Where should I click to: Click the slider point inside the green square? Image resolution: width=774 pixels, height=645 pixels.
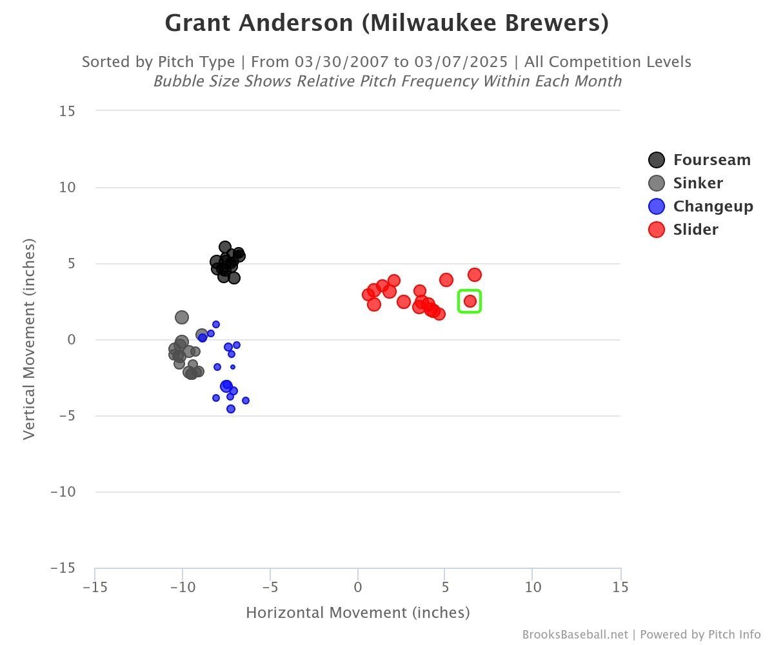pyautogui.click(x=470, y=301)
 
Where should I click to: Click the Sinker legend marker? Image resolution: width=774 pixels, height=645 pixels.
pyautogui.click(x=657, y=183)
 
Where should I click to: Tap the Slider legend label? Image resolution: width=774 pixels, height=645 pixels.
pyautogui.click(x=695, y=230)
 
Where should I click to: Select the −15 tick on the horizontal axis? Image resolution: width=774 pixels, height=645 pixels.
pyautogui.click(x=95, y=587)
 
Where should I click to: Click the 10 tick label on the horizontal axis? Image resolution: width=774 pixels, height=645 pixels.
pyautogui.click(x=533, y=587)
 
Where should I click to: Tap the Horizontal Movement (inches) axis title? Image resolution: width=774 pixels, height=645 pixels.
pyautogui.click(x=358, y=612)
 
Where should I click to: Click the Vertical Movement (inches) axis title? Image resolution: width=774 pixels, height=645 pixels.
pyautogui.click(x=29, y=339)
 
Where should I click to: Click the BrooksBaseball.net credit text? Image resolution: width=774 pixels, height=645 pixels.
pyautogui.click(x=575, y=634)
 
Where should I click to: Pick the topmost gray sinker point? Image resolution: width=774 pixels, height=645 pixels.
pyautogui.click(x=182, y=317)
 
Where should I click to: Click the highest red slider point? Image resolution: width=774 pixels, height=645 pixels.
pyautogui.click(x=475, y=275)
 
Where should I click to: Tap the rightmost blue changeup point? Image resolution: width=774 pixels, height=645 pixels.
pyautogui.click(x=246, y=401)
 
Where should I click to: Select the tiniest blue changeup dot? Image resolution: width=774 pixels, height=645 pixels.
pyautogui.click(x=233, y=367)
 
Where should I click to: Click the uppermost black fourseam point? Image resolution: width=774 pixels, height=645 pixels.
pyautogui.click(x=225, y=247)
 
